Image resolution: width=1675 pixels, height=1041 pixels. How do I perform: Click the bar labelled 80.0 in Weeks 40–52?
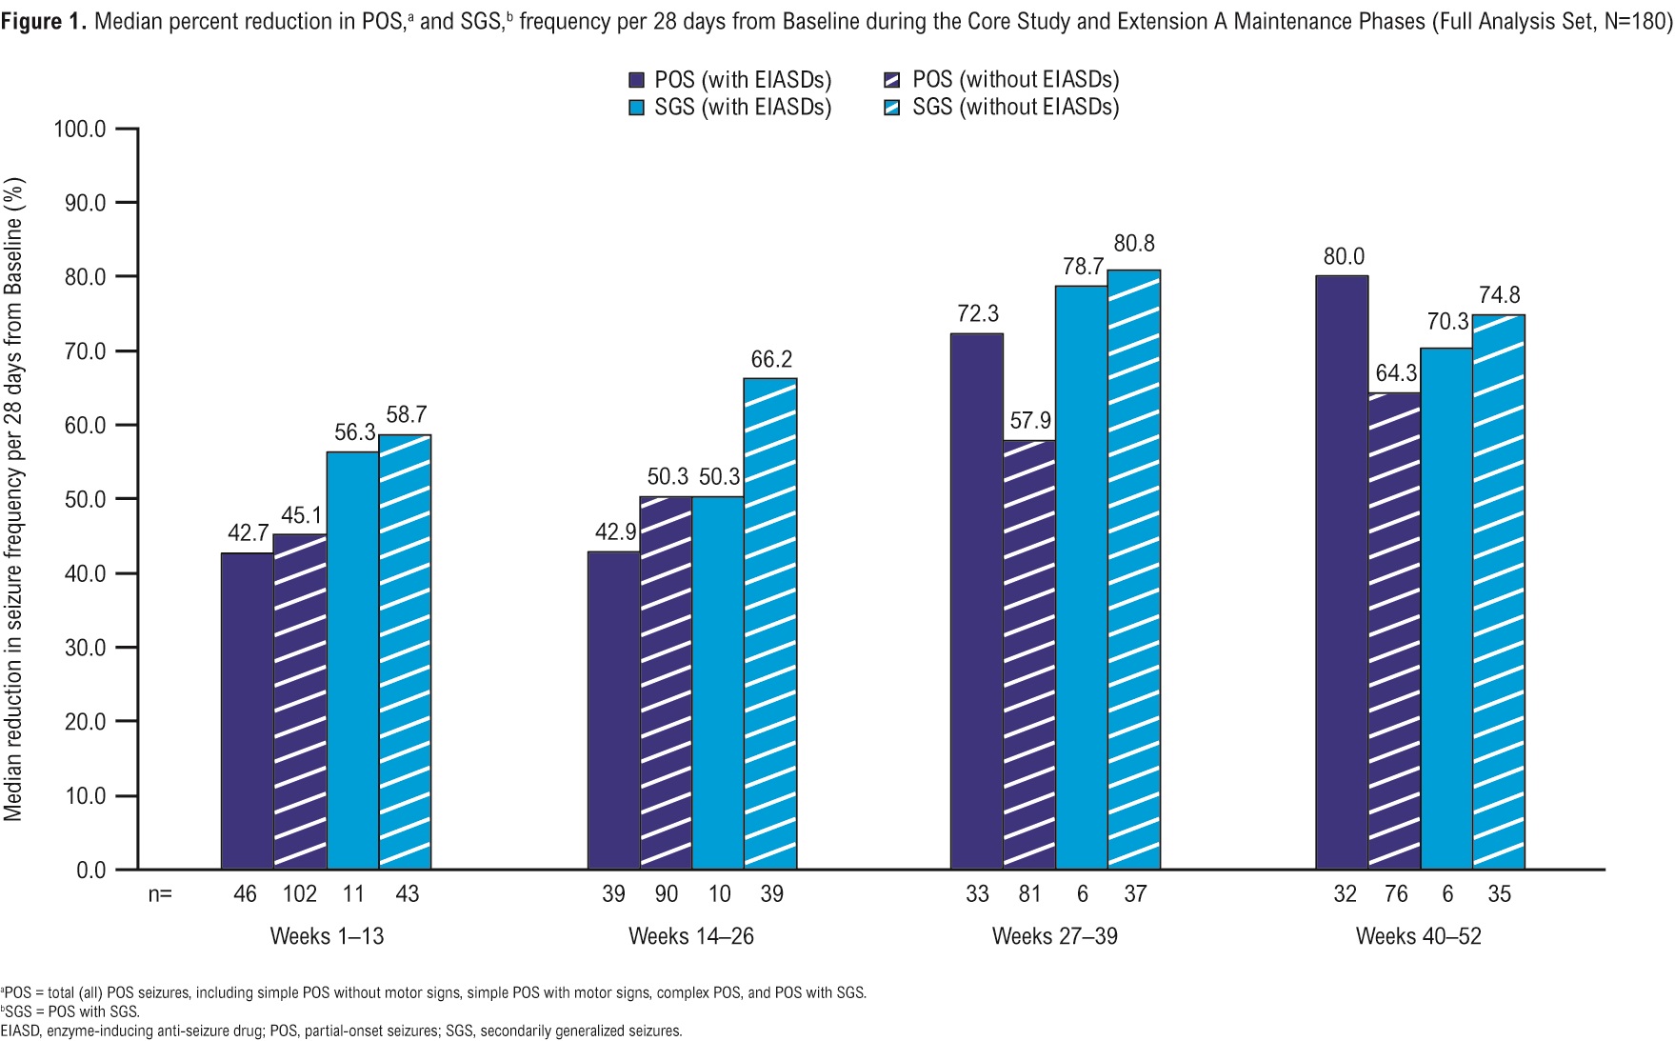click(x=1342, y=571)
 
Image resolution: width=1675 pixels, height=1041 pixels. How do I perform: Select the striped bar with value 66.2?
click(x=769, y=624)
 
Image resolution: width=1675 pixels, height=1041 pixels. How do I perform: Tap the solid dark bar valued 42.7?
click(x=247, y=711)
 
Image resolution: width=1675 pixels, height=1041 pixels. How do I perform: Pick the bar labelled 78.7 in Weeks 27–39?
click(x=1081, y=577)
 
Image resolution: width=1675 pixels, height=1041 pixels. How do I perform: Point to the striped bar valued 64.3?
click(x=1394, y=631)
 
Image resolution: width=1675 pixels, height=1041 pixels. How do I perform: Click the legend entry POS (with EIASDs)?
click(x=730, y=80)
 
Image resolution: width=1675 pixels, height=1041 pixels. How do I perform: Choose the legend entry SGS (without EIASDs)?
click(x=1002, y=108)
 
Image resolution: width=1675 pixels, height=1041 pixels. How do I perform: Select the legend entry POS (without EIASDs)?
click(x=1002, y=80)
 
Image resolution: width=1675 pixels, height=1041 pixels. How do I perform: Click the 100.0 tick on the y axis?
click(x=80, y=129)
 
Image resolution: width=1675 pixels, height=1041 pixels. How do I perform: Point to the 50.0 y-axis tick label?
click(x=85, y=499)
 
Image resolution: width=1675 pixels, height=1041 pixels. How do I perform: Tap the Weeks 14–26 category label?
click(x=690, y=936)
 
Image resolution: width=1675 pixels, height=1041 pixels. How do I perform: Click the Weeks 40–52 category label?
click(x=1418, y=936)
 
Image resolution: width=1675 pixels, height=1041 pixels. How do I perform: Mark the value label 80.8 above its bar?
click(x=1133, y=244)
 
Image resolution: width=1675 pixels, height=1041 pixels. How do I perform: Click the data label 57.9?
click(x=1029, y=421)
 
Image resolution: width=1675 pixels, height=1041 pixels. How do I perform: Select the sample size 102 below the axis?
click(x=299, y=894)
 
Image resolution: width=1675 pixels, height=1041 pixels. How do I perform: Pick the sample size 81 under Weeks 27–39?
click(x=1029, y=894)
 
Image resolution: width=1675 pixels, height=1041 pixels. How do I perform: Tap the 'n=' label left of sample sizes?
click(x=160, y=894)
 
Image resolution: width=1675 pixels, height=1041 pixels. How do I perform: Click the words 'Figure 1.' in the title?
click(x=44, y=21)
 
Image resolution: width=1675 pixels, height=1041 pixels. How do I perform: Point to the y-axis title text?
click(x=13, y=499)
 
